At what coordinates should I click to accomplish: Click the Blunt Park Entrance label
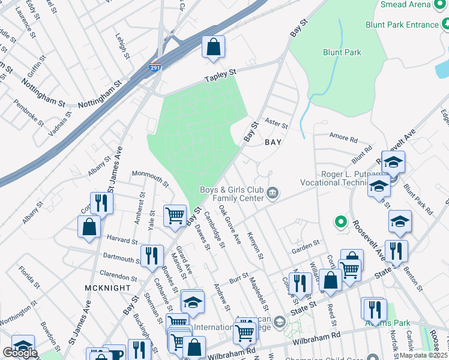click(x=402, y=25)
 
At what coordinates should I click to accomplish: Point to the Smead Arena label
click(x=414, y=5)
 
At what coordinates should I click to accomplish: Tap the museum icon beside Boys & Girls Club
click(x=273, y=193)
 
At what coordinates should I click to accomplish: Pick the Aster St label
click(x=277, y=126)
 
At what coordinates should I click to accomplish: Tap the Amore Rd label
click(x=344, y=138)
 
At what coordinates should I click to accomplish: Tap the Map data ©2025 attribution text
click(x=423, y=355)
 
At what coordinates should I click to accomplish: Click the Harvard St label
click(x=122, y=239)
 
